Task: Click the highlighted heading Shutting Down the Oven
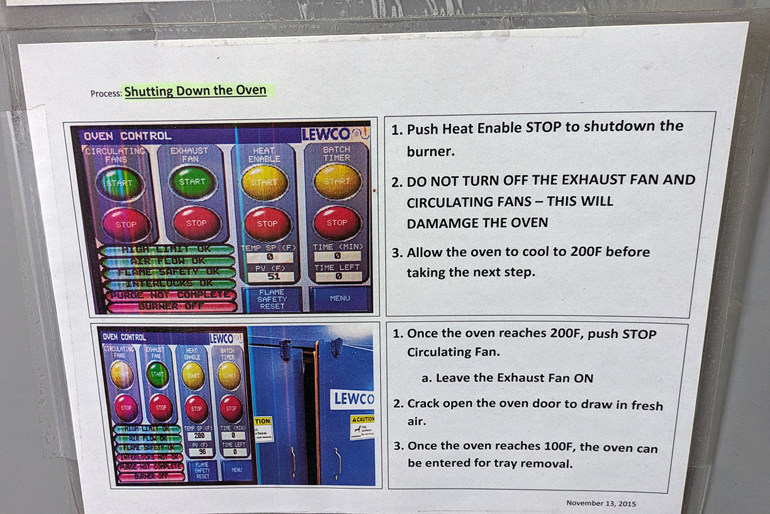(x=195, y=91)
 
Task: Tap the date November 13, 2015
(x=601, y=503)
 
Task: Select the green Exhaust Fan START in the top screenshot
(x=192, y=182)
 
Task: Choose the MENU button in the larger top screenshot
(x=340, y=298)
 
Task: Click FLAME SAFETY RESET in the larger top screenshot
(x=272, y=299)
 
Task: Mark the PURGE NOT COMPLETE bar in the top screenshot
(x=170, y=295)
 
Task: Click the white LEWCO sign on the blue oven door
(x=352, y=398)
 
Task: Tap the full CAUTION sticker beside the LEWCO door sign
(x=362, y=427)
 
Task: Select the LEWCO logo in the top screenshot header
(x=326, y=134)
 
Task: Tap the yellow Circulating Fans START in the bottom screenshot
(x=122, y=375)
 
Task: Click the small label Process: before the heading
(x=106, y=93)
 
